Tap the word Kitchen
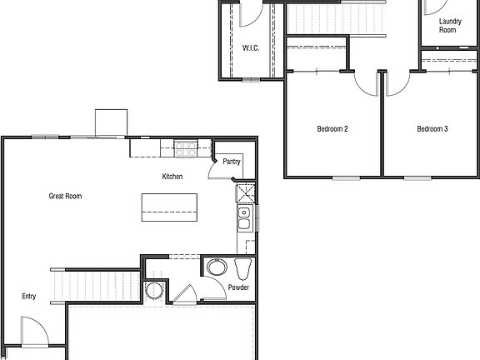pyautogui.click(x=172, y=177)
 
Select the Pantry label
pyautogui.click(x=232, y=162)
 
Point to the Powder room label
pyautogui.click(x=238, y=287)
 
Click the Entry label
pyautogui.click(x=29, y=296)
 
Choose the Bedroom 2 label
pyautogui.click(x=332, y=129)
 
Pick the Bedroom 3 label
pyautogui.click(x=432, y=129)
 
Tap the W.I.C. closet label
pyautogui.click(x=251, y=48)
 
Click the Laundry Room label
pyautogui.click(x=447, y=25)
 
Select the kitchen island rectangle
pyautogui.click(x=170, y=206)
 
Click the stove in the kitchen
pyautogui.click(x=186, y=150)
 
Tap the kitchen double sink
pyautogui.click(x=245, y=219)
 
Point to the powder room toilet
pyautogui.click(x=243, y=269)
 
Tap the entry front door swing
pyautogui.click(x=33, y=332)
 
